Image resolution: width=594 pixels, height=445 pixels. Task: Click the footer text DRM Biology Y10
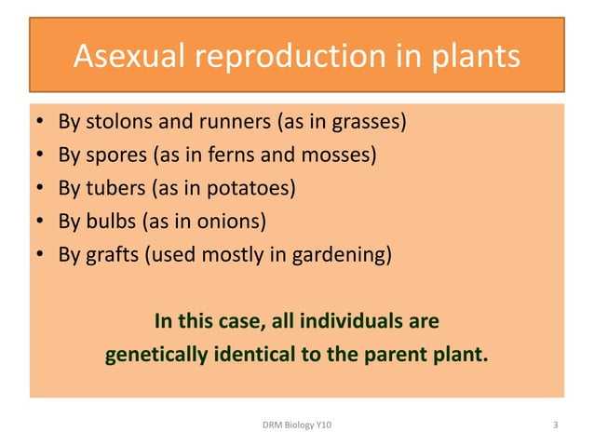298,425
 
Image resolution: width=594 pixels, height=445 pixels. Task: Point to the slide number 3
555,425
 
